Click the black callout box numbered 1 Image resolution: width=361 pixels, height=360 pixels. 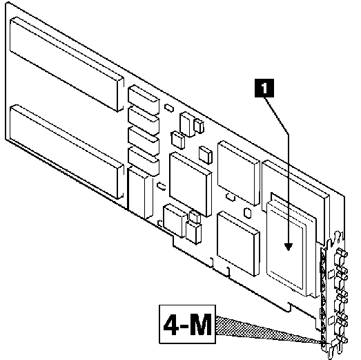(x=264, y=88)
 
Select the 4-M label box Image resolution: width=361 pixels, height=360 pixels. (x=188, y=324)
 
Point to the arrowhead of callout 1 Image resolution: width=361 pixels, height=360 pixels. (x=288, y=247)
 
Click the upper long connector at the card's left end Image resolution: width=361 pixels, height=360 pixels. (x=67, y=64)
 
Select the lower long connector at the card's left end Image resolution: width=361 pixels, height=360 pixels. (x=67, y=151)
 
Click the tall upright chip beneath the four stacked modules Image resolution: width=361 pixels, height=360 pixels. (x=140, y=193)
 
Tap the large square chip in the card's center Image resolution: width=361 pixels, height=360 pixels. (x=191, y=184)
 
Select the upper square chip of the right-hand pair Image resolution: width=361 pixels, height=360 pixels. (x=239, y=173)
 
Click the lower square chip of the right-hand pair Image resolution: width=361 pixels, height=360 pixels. (x=239, y=243)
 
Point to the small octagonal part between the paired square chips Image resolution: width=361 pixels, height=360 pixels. (x=247, y=213)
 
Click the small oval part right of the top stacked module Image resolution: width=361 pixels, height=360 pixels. (x=169, y=108)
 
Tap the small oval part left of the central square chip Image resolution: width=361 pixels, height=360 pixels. (x=161, y=186)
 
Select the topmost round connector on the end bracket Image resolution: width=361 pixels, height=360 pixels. (x=342, y=254)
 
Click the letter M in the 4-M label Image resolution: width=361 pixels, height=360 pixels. (x=199, y=324)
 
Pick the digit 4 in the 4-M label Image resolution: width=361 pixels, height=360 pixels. (x=170, y=324)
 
